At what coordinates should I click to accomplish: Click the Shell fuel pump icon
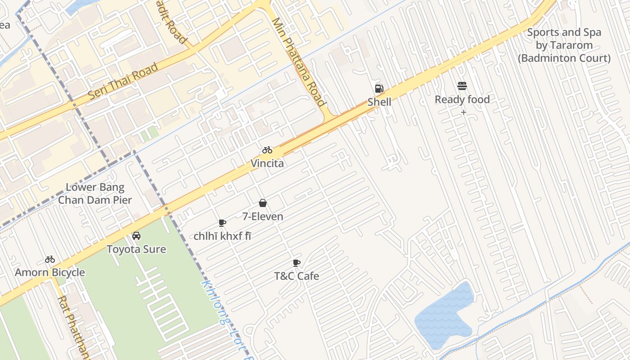pyautogui.click(x=379, y=89)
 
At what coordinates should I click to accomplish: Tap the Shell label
pyautogui.click(x=379, y=102)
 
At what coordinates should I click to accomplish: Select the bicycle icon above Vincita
pyautogui.click(x=267, y=150)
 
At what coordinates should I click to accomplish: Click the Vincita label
pyautogui.click(x=267, y=163)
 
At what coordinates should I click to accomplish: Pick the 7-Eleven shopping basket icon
pyautogui.click(x=263, y=203)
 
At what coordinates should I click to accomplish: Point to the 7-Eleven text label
pyautogui.click(x=263, y=216)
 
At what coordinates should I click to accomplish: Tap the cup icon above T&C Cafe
pyautogui.click(x=297, y=263)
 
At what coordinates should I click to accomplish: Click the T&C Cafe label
pyautogui.click(x=297, y=276)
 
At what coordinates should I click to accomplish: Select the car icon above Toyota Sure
pyautogui.click(x=136, y=236)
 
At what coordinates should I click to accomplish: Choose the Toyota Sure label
pyautogui.click(x=136, y=249)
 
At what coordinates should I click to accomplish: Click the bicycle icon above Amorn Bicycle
pyautogui.click(x=50, y=259)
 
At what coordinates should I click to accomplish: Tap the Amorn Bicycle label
pyautogui.click(x=50, y=272)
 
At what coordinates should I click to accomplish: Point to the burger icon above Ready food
pyautogui.click(x=462, y=86)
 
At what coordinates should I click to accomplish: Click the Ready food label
pyautogui.click(x=462, y=99)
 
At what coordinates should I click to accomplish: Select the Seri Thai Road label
pyautogui.click(x=123, y=81)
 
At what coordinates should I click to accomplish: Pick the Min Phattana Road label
pyautogui.click(x=298, y=62)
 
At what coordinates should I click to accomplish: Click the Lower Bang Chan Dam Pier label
pyautogui.click(x=95, y=193)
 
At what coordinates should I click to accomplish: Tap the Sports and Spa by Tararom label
pyautogui.click(x=564, y=45)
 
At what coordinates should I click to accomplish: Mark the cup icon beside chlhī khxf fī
pyautogui.click(x=222, y=223)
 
